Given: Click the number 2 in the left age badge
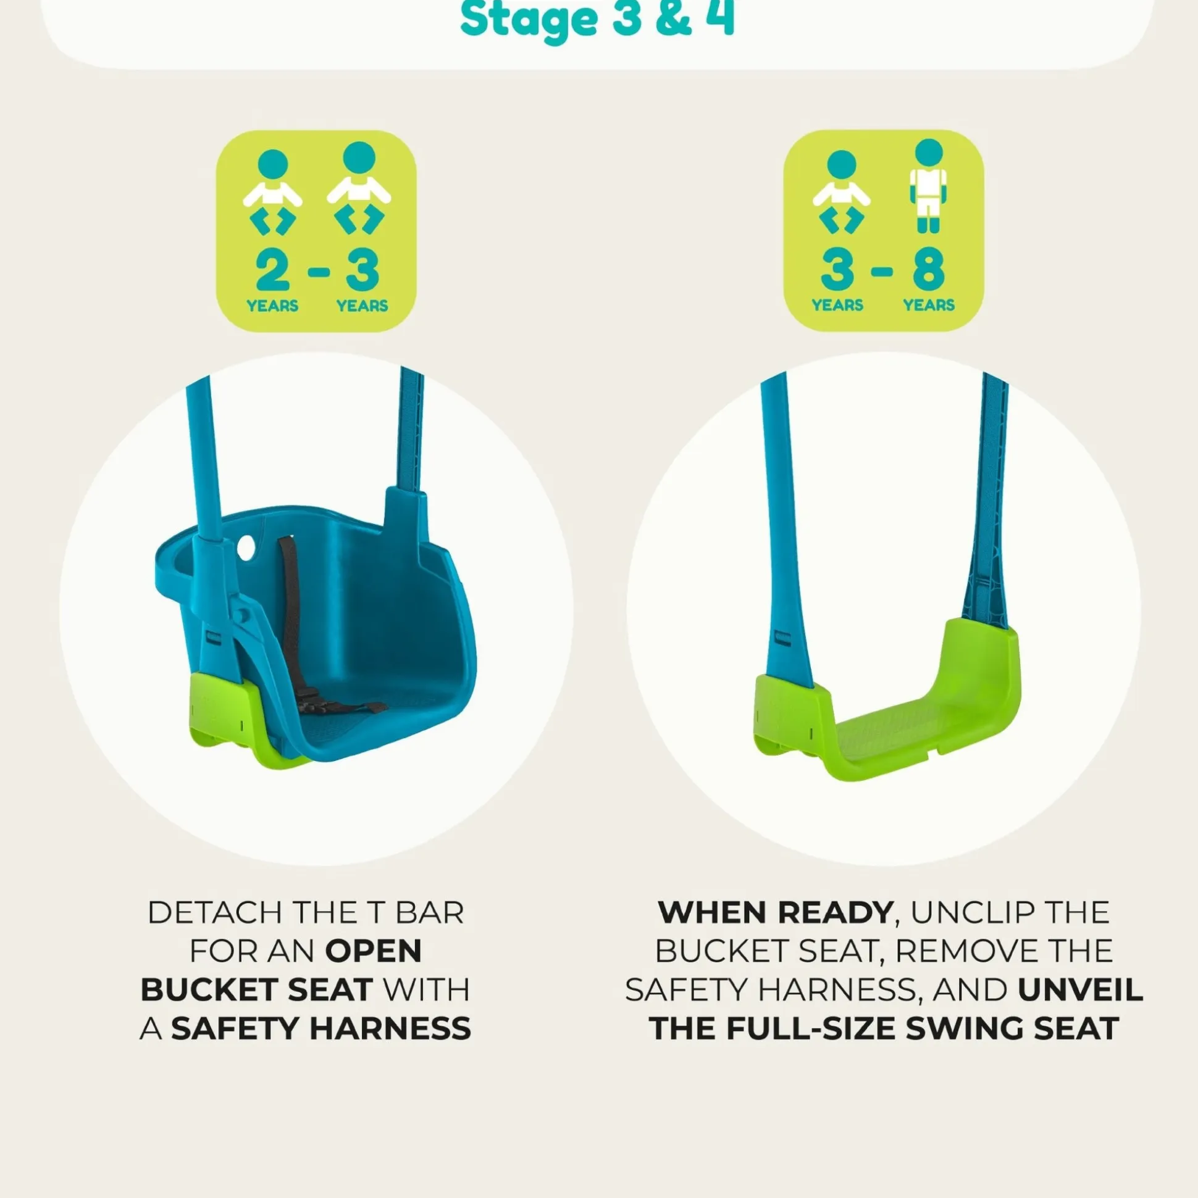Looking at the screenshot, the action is pos(272,270).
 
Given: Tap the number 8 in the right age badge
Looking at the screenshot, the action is pos(929,270).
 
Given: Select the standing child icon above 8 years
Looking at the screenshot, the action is pos(928,185).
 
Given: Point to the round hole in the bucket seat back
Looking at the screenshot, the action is pos(246,547).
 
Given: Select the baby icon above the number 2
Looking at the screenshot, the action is pos(272,191).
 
